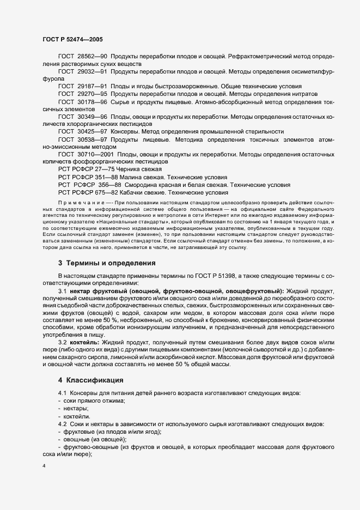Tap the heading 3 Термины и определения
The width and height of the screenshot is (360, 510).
pos(107,263)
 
